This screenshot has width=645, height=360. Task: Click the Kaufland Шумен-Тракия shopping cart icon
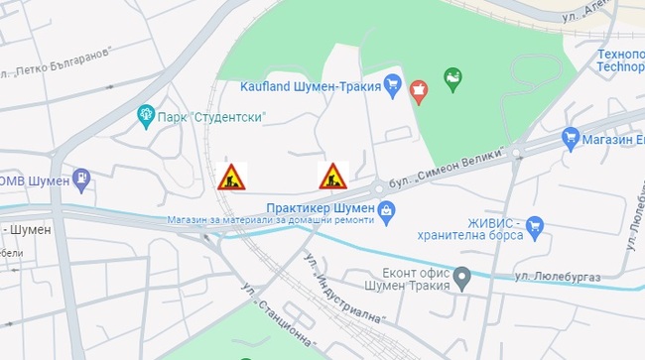pyautogui.click(x=392, y=86)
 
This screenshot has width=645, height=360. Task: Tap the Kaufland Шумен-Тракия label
pyautogui.click(x=311, y=86)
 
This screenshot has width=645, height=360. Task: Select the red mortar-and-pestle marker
pyautogui.click(x=419, y=90)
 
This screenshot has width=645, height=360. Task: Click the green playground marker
pyautogui.click(x=453, y=80)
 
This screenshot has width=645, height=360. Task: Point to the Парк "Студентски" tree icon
pyautogui.click(x=147, y=116)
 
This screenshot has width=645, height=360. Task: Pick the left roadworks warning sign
pyautogui.click(x=232, y=177)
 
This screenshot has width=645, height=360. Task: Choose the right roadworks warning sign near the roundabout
pyautogui.click(x=332, y=177)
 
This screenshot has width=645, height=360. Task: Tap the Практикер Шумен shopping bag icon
pyautogui.click(x=386, y=208)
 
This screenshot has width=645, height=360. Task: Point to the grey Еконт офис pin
pyautogui.click(x=461, y=278)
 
